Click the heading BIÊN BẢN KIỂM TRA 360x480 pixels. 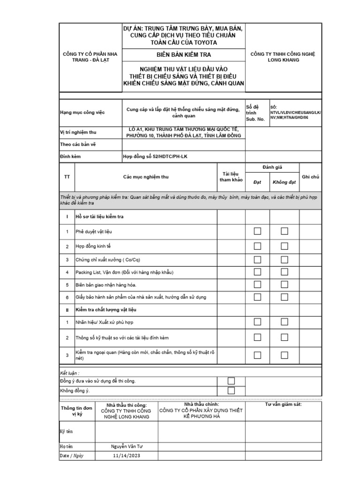point(183,54)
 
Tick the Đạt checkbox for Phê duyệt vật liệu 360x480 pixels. point(257,231)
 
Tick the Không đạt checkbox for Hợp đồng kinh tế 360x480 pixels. point(284,246)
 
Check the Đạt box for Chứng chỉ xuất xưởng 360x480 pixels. point(257,259)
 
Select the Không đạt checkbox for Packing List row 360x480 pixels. point(284,272)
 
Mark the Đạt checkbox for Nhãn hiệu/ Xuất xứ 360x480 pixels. point(257,322)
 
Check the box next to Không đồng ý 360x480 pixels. point(231,390)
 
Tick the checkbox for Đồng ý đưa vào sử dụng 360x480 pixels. point(231,381)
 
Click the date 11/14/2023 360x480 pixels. point(127,456)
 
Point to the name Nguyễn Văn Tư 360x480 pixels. point(127,446)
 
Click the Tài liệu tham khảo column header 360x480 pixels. point(231,177)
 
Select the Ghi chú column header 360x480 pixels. point(310,177)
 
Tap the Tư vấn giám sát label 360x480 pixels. point(284,404)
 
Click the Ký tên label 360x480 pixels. point(66,431)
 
